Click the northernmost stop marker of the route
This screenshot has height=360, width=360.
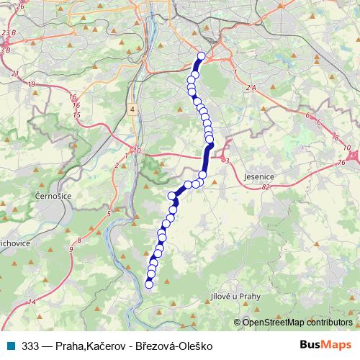coord(201,56)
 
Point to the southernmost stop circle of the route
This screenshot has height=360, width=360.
coord(149,284)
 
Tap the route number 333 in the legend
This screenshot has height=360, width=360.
coord(31,346)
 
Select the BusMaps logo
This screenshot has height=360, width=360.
coord(325,345)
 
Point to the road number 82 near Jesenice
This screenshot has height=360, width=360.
coord(266,186)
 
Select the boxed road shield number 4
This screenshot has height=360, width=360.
coord(132,108)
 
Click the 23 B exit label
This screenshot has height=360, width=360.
coord(8,33)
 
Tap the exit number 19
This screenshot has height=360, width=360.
coord(31,85)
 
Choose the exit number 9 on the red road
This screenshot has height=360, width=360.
coord(71,249)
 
